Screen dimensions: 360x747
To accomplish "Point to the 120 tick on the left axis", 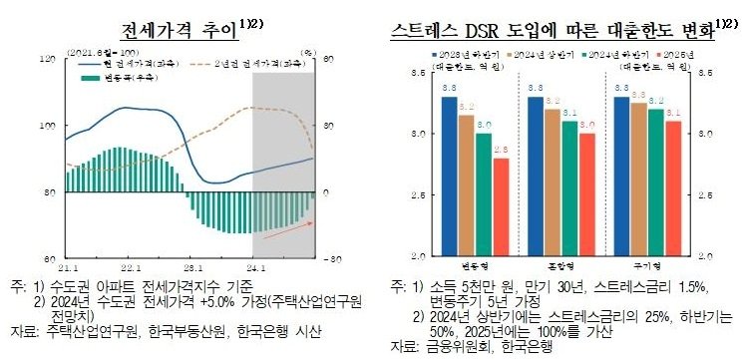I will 47,59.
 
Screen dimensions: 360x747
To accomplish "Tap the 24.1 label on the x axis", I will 253,267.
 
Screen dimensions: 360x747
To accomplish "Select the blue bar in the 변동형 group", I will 449,176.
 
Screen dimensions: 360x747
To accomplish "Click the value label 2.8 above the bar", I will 500,150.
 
